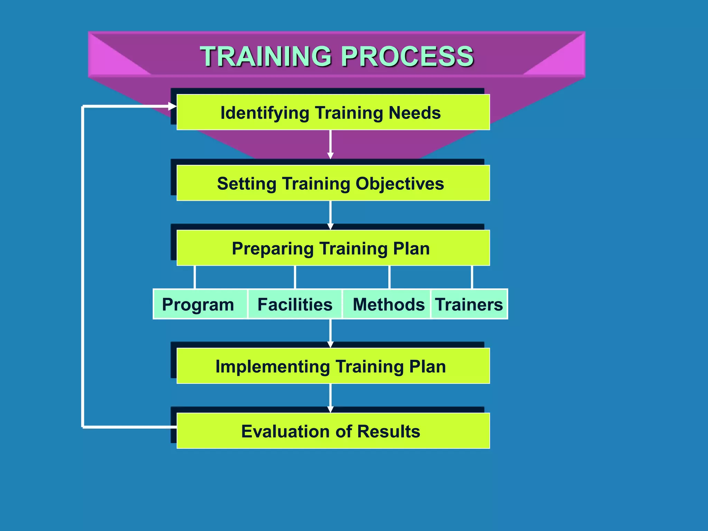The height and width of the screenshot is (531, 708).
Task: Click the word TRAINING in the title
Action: tap(266, 56)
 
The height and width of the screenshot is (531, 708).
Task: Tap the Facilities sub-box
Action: tap(295, 304)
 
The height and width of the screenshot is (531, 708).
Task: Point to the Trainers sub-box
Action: tap(469, 304)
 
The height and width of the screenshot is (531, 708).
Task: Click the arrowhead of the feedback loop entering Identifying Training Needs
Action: tap(173, 106)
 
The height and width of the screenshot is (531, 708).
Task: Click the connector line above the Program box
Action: tap(195, 277)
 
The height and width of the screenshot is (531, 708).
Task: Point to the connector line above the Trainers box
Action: tap(472, 277)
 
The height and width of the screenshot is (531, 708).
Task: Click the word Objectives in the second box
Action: tap(400, 184)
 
